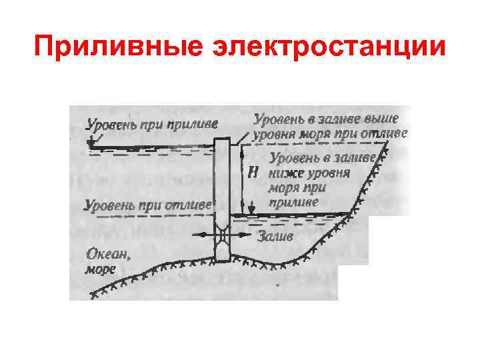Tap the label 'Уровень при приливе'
153,124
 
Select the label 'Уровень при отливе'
147,204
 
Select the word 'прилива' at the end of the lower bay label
294,201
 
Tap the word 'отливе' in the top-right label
387,133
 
